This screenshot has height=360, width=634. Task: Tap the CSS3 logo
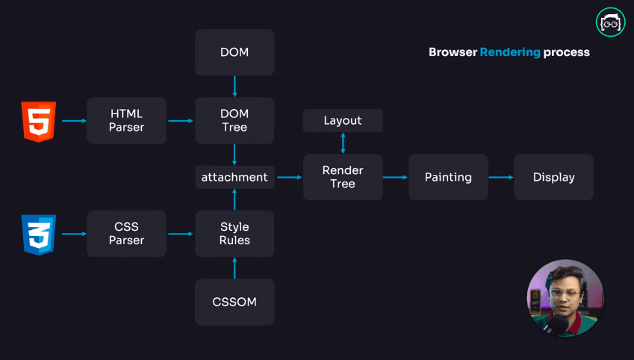(x=39, y=234)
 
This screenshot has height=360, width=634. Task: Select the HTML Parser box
(x=126, y=120)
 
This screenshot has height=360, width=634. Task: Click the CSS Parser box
(x=126, y=234)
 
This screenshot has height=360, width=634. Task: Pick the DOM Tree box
(x=234, y=120)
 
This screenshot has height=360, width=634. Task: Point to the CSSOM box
(x=234, y=302)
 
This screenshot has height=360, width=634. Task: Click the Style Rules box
(x=234, y=234)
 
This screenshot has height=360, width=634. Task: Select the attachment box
(x=234, y=177)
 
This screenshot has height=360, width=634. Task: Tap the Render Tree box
(x=343, y=177)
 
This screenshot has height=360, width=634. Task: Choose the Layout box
(x=343, y=120)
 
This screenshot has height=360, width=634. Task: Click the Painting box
(x=448, y=177)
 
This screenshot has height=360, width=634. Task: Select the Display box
(x=553, y=177)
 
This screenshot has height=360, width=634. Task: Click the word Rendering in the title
(x=510, y=52)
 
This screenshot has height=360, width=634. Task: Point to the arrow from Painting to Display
(x=500, y=177)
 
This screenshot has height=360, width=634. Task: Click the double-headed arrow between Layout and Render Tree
(x=343, y=143)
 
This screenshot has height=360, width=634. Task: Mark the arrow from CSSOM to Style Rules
(x=234, y=268)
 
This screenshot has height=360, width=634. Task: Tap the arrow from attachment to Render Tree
(x=288, y=177)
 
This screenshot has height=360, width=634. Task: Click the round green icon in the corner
(x=610, y=22)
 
